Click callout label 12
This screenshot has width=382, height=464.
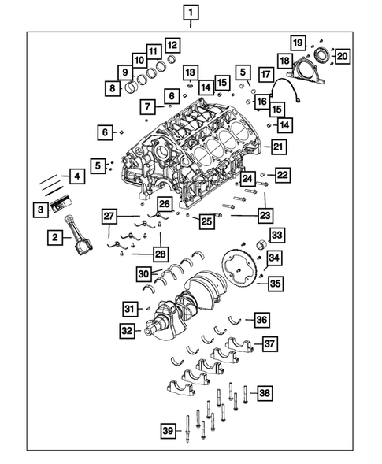coord(171,45)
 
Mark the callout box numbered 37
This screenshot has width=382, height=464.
coord(270,343)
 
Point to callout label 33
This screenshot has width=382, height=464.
coord(276,235)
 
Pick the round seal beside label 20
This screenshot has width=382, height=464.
coord(322,56)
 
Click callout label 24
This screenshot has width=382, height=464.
coord(247,178)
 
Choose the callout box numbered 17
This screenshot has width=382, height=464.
coord(265,76)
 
